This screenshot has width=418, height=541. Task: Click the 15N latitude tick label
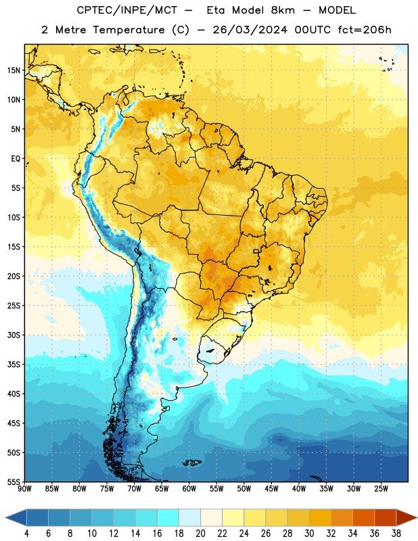point(14,70)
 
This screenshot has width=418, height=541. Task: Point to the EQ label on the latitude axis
point(16,159)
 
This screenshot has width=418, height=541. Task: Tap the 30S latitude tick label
point(14,335)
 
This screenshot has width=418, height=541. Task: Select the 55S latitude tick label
point(14,482)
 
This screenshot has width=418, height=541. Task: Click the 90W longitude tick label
point(24,489)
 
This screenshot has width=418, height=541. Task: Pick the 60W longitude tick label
point(189,489)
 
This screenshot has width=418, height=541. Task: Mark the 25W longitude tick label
point(381,489)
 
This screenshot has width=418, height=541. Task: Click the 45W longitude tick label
point(271,489)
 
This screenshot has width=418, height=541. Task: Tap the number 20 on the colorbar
point(200,534)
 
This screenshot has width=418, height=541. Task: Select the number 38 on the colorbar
point(396,534)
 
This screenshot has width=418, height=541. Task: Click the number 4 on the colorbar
point(26,534)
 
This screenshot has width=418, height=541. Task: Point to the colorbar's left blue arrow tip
point(5,517)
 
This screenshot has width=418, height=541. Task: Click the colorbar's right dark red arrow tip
point(417,517)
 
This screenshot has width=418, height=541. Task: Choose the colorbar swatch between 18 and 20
point(189,517)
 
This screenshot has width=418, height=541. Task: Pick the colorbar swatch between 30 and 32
point(320,517)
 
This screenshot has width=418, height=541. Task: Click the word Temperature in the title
point(129,30)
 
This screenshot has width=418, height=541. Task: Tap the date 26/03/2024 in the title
point(250,30)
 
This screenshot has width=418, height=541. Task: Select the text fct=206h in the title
point(365,30)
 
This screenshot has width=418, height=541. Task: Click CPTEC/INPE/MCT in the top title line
point(126,10)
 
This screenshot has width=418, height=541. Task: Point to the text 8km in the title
point(283,10)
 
